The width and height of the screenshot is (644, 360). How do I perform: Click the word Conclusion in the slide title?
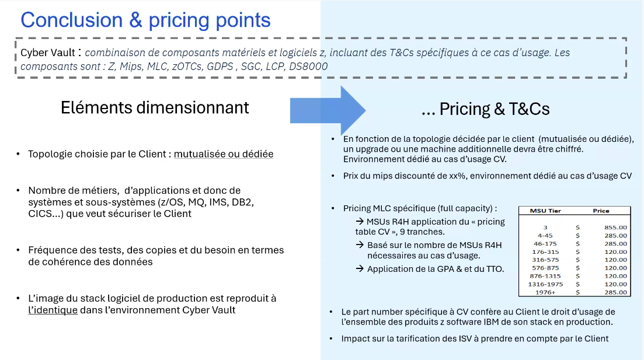coord(72,20)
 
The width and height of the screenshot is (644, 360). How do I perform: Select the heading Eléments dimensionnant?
coord(155,107)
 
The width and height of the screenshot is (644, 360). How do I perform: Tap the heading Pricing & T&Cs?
coord(495,109)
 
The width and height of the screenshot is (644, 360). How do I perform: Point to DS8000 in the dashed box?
coord(308,67)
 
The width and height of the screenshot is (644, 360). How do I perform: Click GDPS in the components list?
coord(220,67)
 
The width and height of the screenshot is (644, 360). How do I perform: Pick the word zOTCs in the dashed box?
coord(187,67)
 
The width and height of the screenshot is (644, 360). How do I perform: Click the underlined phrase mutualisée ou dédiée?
coord(224,154)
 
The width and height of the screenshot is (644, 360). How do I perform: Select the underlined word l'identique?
coord(53,310)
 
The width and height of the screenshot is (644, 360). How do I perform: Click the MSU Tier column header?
coord(545,211)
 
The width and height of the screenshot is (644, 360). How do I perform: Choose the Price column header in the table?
coord(601,211)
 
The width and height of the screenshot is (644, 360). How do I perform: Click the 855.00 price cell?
coord(615,228)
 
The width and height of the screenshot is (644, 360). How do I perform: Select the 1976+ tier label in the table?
coord(545,293)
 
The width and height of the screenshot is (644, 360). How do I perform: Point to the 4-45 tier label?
coord(545,236)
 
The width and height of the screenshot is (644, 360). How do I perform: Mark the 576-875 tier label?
coord(545,268)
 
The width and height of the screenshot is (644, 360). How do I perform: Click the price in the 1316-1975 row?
coord(615,284)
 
